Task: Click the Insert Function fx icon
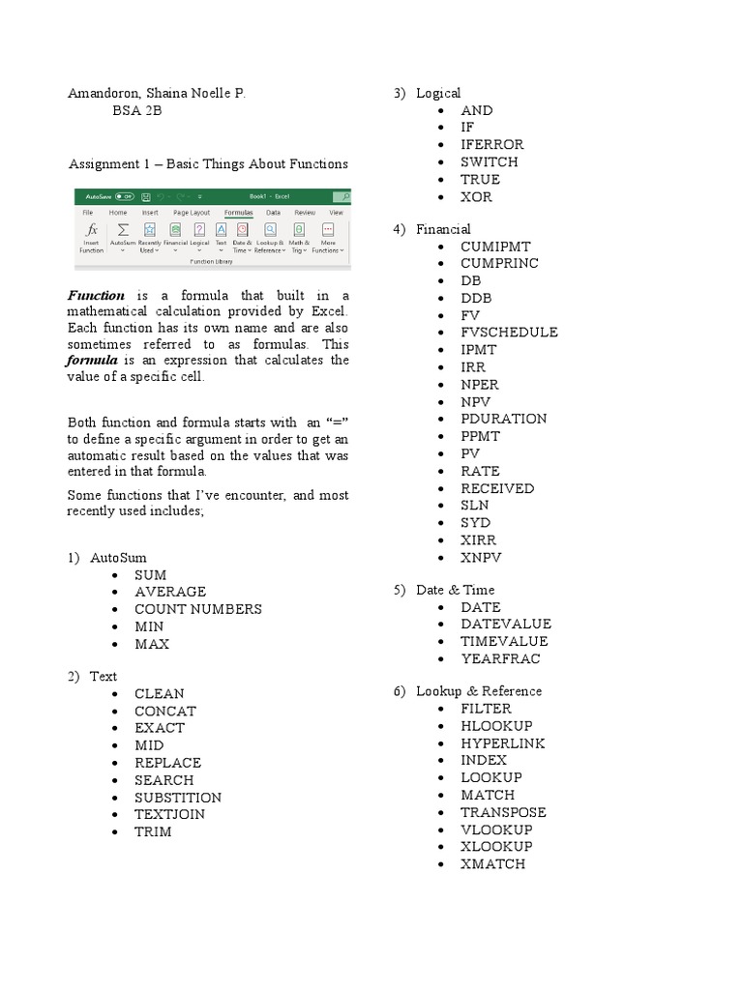92,230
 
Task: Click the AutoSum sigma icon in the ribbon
123,230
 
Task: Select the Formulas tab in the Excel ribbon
238,212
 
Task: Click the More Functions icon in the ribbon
328,230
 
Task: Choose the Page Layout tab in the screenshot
192,212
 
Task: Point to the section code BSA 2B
137,111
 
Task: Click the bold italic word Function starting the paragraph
96,295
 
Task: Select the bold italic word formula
91,361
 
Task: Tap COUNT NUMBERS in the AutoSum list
198,609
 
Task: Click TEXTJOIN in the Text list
169,814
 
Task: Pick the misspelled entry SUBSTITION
178,798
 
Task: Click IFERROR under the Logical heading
491,145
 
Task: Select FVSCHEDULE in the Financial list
509,333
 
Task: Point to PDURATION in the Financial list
503,419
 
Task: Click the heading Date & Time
455,590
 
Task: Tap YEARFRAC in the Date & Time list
500,659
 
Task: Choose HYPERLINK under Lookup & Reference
502,743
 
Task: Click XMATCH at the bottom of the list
492,864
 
